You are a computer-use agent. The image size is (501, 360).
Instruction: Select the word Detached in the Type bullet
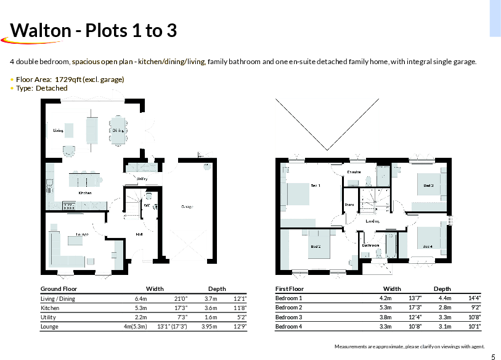(52, 88)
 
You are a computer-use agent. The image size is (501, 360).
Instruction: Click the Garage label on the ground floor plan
(187, 207)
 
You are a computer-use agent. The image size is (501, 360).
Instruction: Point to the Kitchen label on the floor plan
(84, 193)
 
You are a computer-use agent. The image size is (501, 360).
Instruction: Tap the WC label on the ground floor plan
(148, 205)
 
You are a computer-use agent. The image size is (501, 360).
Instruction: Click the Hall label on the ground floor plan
(139, 234)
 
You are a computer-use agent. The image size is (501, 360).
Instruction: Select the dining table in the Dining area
(118, 131)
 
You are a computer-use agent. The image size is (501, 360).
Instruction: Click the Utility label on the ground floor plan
(142, 179)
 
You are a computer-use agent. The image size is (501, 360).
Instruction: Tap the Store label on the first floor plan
(349, 204)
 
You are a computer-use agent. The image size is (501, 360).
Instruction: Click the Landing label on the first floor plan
(372, 220)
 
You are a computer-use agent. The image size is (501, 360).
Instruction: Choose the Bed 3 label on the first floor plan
(428, 185)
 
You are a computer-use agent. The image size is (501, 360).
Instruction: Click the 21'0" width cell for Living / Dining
(181, 298)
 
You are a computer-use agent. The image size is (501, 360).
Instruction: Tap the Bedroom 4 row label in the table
(288, 326)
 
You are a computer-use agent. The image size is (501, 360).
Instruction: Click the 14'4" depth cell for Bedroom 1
(475, 298)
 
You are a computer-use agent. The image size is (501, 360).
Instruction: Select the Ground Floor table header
(59, 288)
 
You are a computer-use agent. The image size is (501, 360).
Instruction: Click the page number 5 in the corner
(493, 357)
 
